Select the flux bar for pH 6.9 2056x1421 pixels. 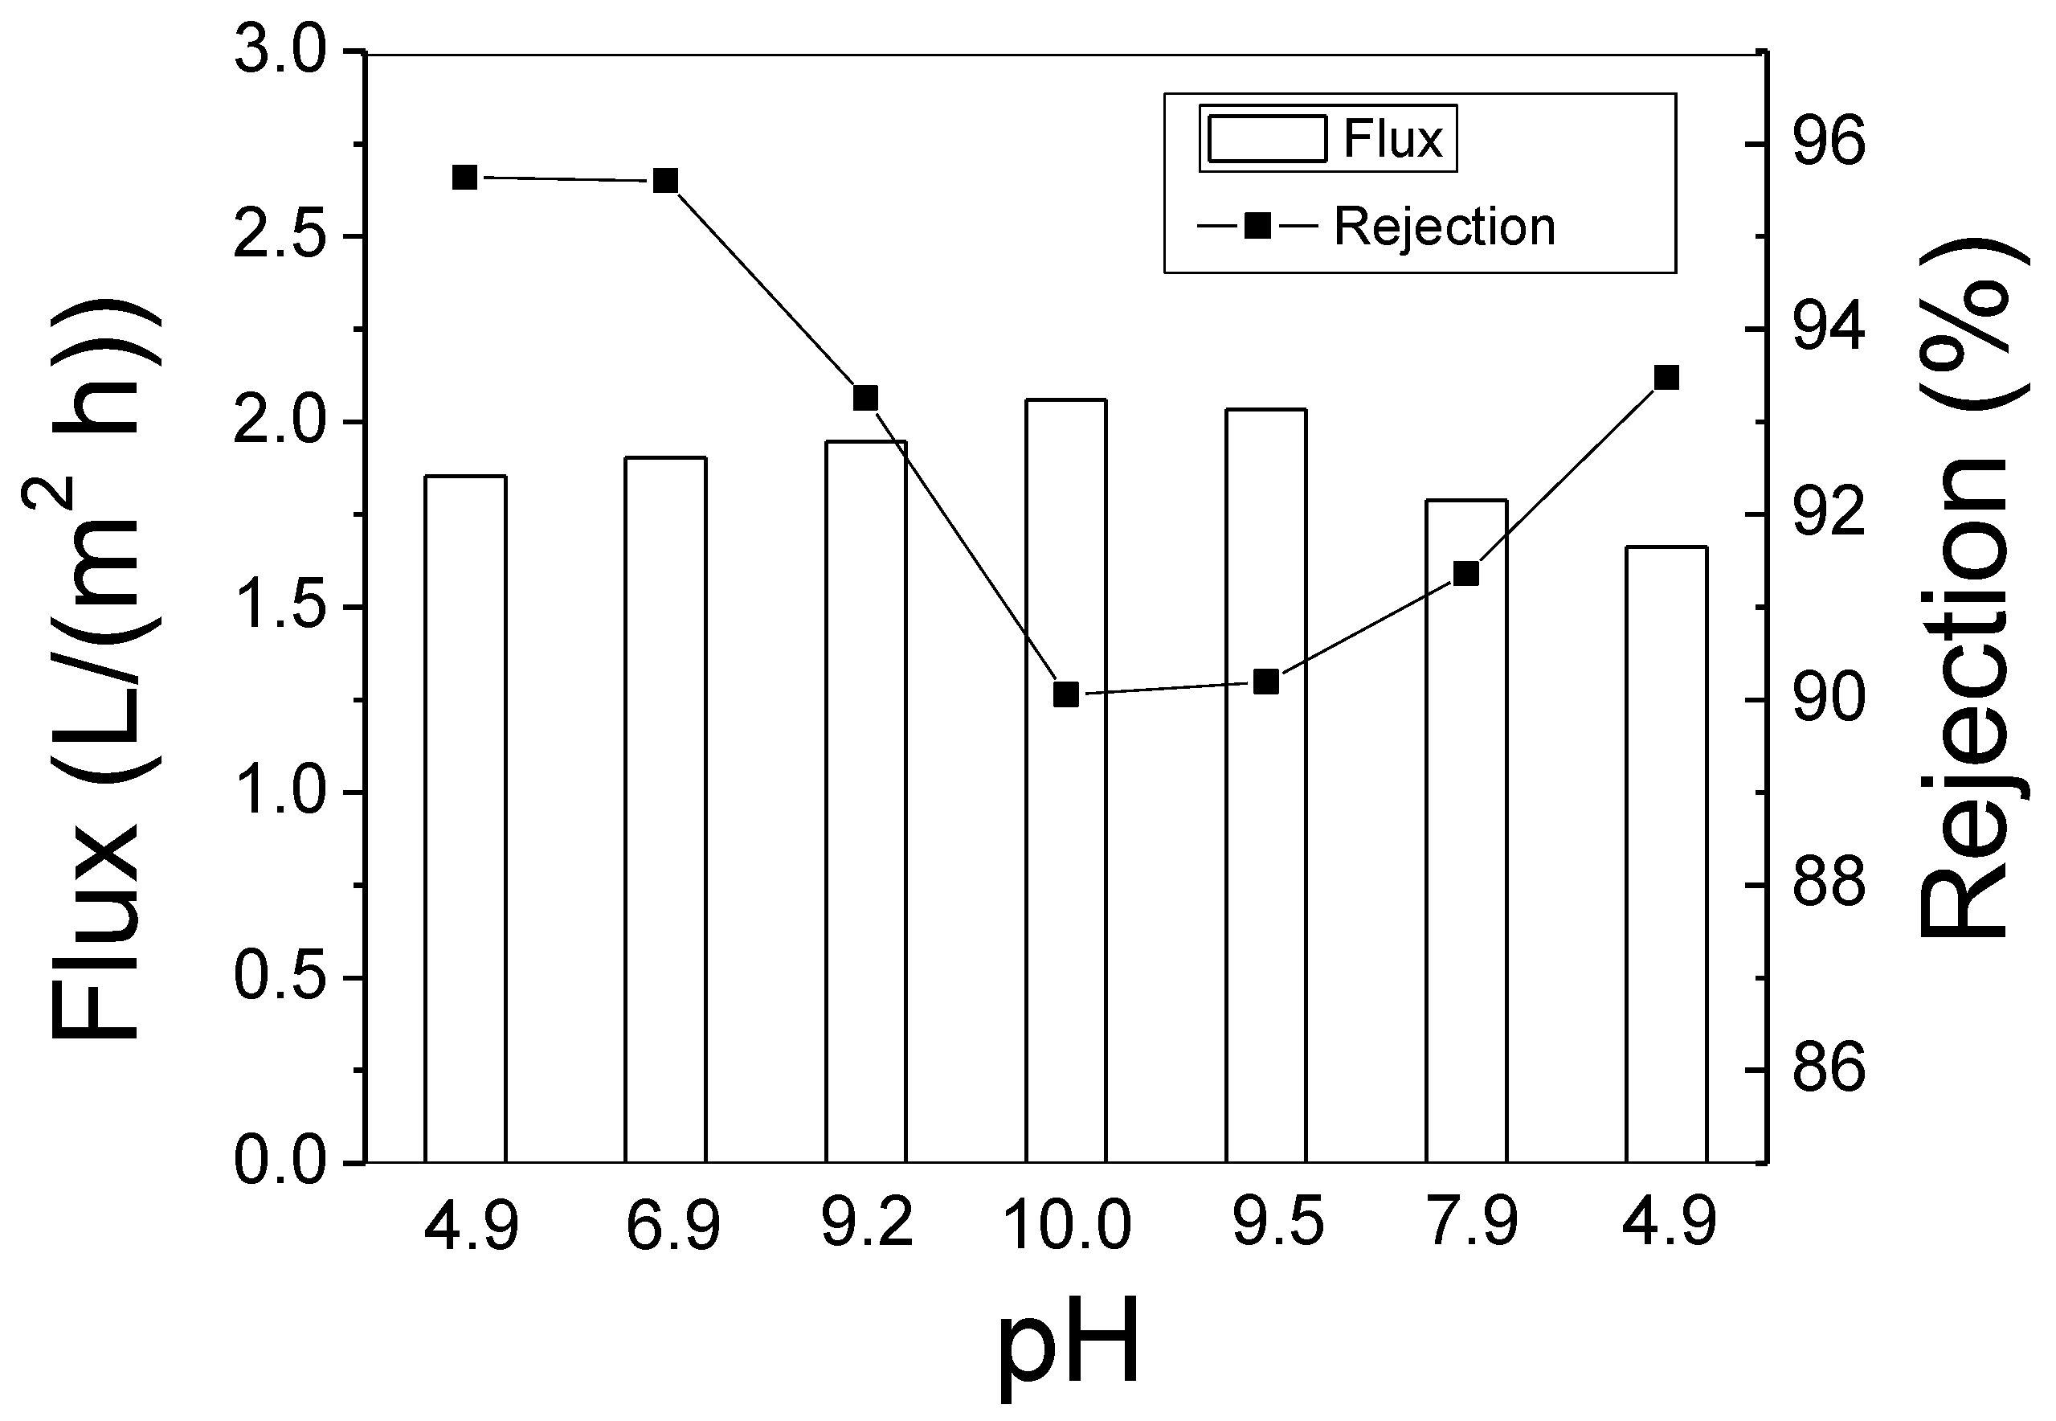[665, 810]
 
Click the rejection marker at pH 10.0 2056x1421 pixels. [1066, 694]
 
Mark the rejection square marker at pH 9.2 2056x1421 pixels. [865, 398]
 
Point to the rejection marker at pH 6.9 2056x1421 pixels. [666, 181]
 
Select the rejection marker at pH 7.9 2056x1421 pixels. [1466, 573]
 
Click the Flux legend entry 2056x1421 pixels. [1326, 139]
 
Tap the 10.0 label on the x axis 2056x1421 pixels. [1067, 1225]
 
